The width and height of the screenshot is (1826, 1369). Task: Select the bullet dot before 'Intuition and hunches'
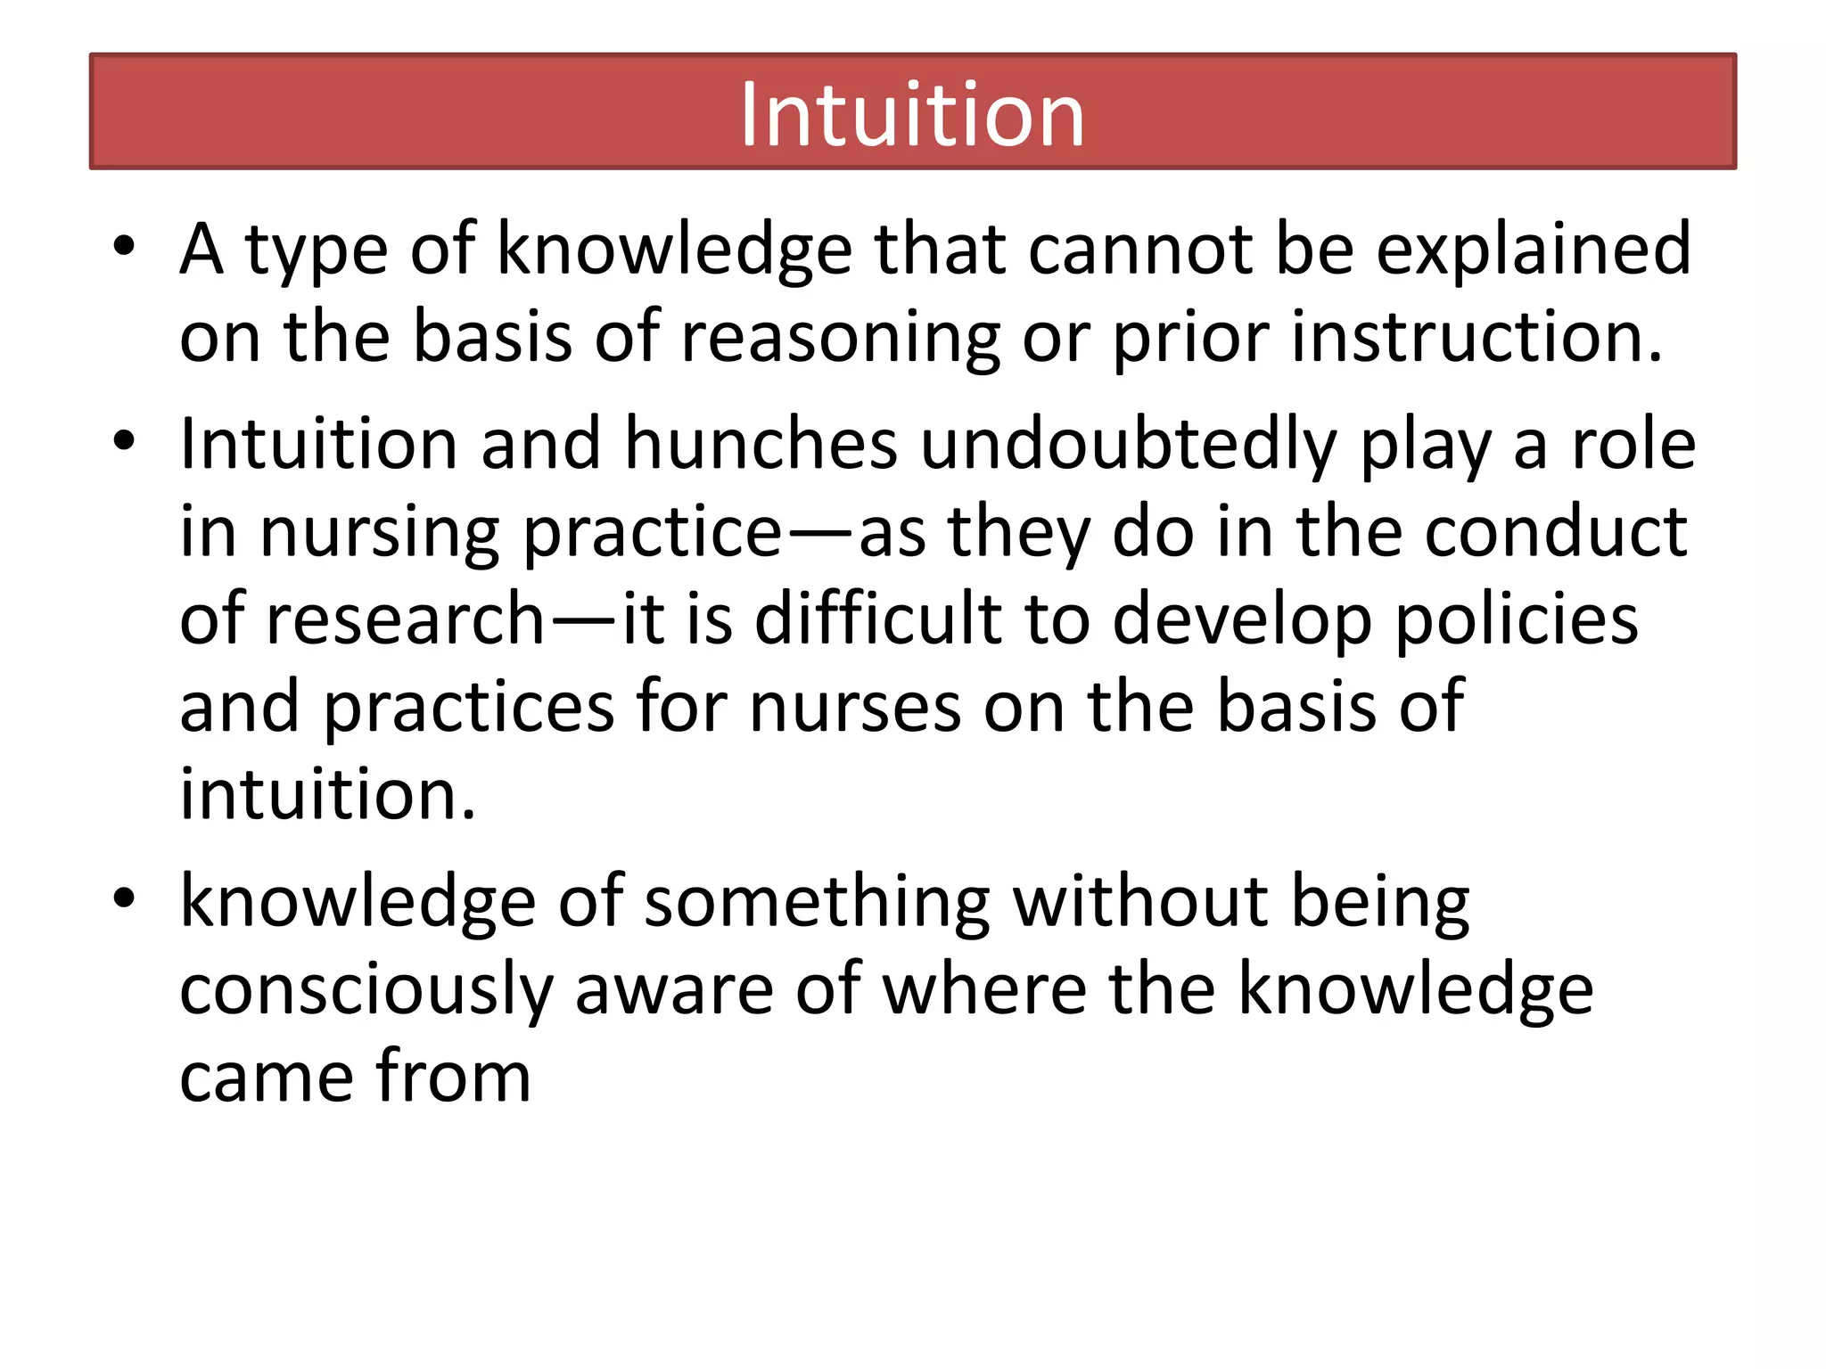coord(124,440)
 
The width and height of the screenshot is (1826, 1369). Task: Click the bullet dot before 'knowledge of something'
coord(124,898)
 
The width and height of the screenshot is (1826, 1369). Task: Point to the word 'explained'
coord(1533,250)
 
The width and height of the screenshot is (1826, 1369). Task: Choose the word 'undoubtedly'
coord(1128,444)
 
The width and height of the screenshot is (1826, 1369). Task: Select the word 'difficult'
coord(878,619)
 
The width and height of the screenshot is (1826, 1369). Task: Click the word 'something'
coord(817,903)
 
